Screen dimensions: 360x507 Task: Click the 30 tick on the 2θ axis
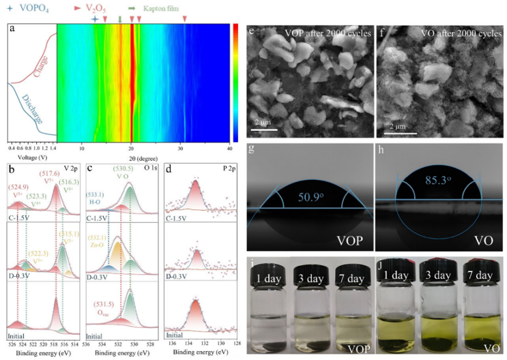181,147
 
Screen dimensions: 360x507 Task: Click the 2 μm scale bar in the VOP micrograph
267,127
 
